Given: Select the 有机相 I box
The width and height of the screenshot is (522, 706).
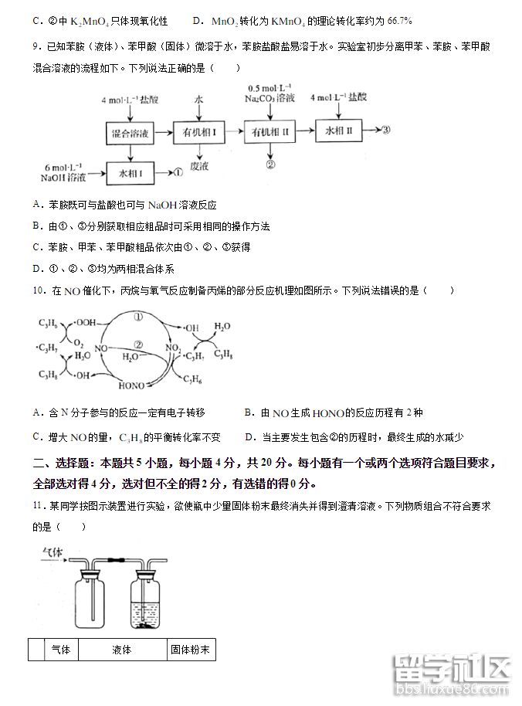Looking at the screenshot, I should tap(198, 134).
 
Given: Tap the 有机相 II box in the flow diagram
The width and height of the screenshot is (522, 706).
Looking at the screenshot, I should tap(270, 133).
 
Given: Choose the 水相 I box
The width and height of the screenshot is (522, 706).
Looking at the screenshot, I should tap(129, 174).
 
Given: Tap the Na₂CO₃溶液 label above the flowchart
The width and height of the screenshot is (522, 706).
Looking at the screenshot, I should tap(270, 99).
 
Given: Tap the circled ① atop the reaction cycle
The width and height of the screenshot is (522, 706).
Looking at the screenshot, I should tap(137, 317).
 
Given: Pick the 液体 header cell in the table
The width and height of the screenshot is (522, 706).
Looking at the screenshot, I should tap(122, 650).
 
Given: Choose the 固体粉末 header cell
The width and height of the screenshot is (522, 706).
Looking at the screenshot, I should tap(190, 650).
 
